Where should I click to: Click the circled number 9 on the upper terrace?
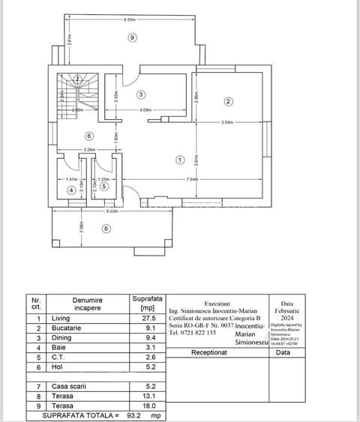[132, 37]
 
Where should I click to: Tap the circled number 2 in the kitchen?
[229, 101]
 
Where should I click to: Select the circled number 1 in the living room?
[180, 159]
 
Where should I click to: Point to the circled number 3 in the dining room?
[141, 94]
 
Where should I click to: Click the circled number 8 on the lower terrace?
[106, 229]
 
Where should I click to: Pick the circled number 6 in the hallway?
[88, 136]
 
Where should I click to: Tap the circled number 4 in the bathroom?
[71, 191]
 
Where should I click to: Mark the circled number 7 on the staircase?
[76, 79]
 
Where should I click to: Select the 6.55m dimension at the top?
[130, 19]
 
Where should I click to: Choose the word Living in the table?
[61, 318]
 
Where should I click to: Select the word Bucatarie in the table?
[66, 328]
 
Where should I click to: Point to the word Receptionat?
[210, 352]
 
